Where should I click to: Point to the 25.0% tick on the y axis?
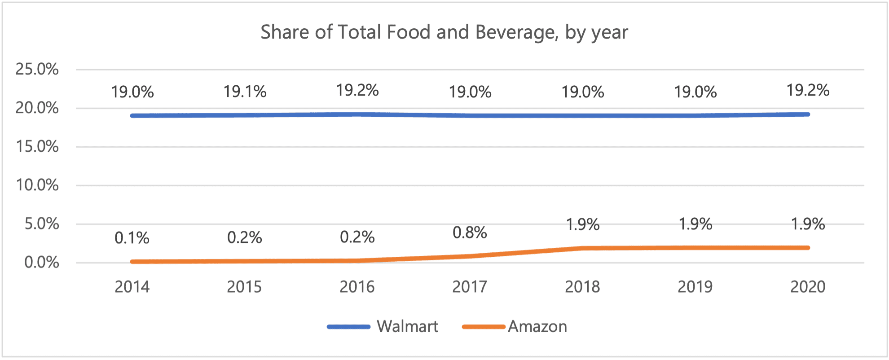[x=37, y=69]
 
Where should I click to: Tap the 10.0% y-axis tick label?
[x=37, y=185]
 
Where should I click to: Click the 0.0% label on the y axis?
[x=41, y=262]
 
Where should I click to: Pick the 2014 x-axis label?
[x=132, y=287]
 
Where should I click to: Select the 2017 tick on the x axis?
[x=470, y=287]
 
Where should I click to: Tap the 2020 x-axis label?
[x=808, y=287]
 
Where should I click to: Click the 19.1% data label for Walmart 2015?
[x=245, y=92]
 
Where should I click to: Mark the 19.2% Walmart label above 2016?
[x=357, y=90]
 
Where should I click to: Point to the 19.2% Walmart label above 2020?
[x=808, y=90]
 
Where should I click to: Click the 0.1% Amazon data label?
[x=132, y=238]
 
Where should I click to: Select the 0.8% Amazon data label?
[x=470, y=233]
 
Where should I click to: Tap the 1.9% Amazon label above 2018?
[x=583, y=224]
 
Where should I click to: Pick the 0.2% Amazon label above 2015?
[x=245, y=237]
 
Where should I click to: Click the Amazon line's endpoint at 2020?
[x=808, y=248]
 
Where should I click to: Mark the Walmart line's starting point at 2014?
[x=132, y=116]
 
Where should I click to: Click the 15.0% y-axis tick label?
[x=37, y=146]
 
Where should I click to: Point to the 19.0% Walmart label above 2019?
[x=695, y=92]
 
